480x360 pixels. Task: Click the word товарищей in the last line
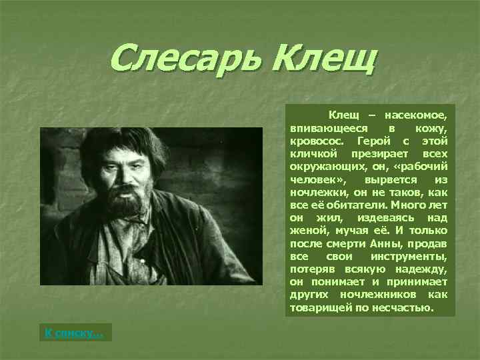319,307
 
